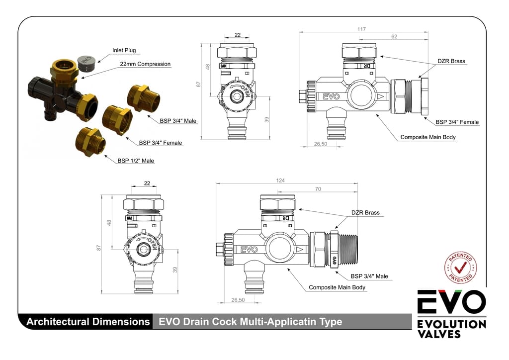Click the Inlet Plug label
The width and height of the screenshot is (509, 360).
coord(124,50)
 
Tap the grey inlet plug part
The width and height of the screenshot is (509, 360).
coord(86,62)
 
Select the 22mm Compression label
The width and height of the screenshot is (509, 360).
coord(145,64)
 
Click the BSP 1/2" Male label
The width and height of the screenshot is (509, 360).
coord(136,161)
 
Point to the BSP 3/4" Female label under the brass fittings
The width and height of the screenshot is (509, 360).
coord(161,143)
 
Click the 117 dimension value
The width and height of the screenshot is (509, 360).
coord(362,29)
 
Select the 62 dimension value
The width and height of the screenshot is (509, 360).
coord(394,37)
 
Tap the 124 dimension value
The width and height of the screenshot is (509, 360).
coord(280,180)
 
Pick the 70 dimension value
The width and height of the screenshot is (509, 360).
coord(318,189)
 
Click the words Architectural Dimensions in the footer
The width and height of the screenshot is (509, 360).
coord(88,322)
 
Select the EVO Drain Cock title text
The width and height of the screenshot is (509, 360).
coord(250,322)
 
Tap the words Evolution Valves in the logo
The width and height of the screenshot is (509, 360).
coord(451,329)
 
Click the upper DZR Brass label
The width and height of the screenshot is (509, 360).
coord(451,61)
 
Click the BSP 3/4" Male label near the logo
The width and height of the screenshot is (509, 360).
coord(369,276)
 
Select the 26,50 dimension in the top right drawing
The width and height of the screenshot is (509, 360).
coord(321,144)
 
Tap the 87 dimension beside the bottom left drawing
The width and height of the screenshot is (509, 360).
coord(99,247)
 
